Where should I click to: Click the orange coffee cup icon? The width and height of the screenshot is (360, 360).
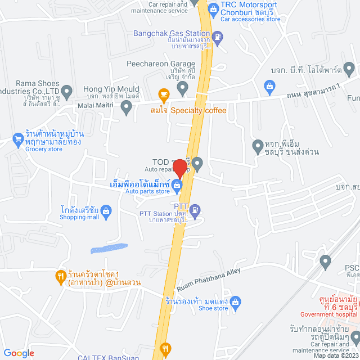tap(164, 94)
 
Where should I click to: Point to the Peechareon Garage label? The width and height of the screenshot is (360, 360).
tap(152, 64)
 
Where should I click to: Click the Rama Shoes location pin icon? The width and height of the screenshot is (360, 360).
tap(67, 91)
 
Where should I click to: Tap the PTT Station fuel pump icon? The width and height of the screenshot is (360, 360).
tap(195, 210)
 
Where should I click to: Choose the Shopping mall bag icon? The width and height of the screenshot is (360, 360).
tap(107, 211)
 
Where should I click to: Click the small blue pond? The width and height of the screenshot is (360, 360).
tap(109, 248)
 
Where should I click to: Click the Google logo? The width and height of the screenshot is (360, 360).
tap(19, 353)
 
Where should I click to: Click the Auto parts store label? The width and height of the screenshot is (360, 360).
tap(147, 192)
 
